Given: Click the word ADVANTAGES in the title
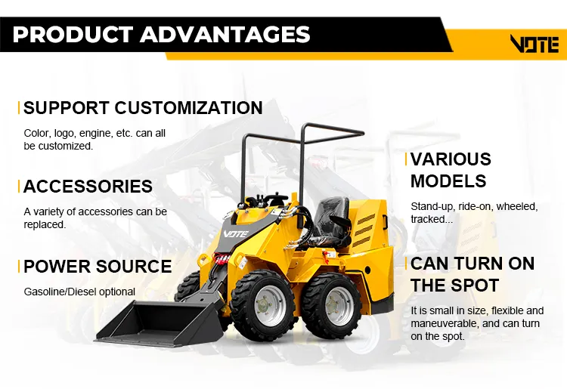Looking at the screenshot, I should [225, 34].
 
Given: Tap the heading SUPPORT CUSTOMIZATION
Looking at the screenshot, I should [143, 107].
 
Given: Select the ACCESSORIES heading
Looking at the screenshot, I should [88, 186].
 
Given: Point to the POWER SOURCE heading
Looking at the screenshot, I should [98, 266].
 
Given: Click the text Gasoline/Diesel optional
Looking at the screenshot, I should [79, 292].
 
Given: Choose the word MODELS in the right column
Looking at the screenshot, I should [448, 181].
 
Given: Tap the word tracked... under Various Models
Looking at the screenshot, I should [432, 219].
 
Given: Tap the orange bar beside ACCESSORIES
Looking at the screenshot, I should [19, 187].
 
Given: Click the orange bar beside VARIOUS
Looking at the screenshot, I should [407, 159].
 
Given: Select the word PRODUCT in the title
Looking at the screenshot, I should [73, 34].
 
